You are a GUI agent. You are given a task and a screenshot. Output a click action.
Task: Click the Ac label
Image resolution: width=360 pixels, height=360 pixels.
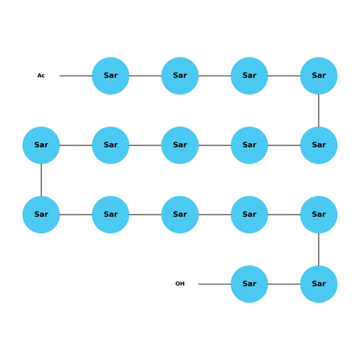(41, 76)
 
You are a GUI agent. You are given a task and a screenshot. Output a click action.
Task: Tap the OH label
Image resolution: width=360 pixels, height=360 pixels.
(180, 284)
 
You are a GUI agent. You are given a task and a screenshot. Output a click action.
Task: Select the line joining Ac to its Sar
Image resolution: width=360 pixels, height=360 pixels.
(76, 76)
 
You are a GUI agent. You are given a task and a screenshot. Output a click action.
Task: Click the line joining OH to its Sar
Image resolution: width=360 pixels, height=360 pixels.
(215, 284)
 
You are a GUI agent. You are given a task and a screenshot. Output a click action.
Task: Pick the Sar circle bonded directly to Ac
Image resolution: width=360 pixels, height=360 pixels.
(111, 76)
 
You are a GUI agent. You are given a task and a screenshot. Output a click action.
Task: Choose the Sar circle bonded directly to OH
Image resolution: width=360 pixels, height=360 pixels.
(249, 284)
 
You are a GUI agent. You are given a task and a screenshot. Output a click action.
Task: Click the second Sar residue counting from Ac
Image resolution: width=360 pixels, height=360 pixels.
(180, 76)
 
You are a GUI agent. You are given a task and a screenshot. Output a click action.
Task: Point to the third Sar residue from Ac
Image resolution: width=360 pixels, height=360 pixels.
(249, 76)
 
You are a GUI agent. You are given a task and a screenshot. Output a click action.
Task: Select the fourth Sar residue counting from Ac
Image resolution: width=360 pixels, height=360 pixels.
(319, 76)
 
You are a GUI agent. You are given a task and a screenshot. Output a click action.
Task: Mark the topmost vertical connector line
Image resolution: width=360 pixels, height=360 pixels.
(319, 111)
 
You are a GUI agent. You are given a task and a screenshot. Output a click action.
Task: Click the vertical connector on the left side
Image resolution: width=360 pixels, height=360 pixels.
(41, 180)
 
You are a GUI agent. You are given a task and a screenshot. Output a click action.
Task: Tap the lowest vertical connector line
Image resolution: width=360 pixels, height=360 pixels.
(319, 249)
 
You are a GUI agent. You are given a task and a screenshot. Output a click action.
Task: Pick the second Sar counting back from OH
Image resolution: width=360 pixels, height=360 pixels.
(319, 284)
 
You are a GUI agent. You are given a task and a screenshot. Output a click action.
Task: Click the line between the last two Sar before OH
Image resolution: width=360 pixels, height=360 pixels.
(284, 284)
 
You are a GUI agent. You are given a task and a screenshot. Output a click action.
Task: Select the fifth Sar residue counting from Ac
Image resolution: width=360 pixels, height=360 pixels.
(319, 145)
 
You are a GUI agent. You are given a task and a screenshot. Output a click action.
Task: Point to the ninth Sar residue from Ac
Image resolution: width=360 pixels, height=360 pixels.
(41, 145)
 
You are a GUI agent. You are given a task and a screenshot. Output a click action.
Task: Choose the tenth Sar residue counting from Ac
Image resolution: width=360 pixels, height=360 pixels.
(41, 215)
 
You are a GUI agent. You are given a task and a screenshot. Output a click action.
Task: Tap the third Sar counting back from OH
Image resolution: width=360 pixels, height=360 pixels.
(319, 215)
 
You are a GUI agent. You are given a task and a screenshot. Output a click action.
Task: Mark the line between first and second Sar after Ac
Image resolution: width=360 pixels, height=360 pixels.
(145, 76)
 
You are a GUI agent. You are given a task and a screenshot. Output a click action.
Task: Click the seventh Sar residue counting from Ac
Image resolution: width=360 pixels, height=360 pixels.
(180, 145)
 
